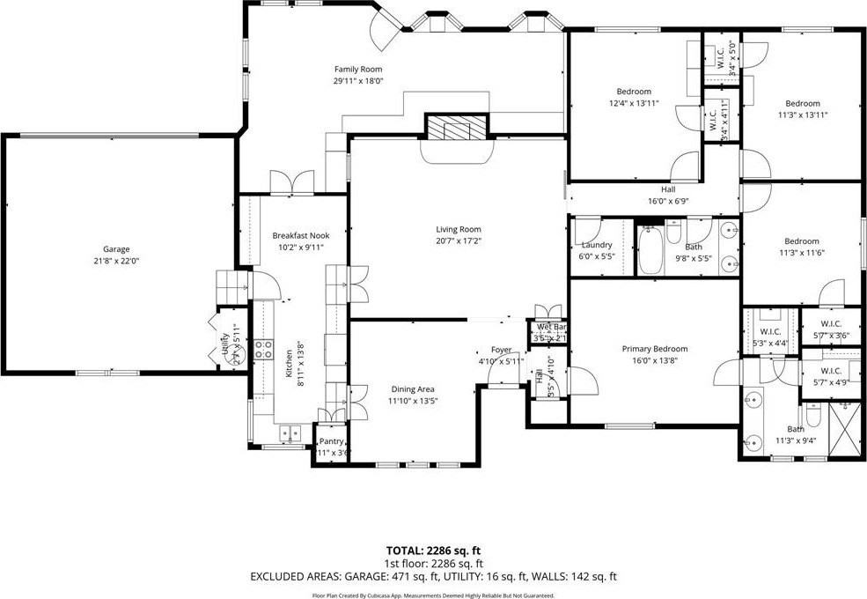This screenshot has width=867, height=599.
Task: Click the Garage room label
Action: pyautogui.click(x=116, y=249)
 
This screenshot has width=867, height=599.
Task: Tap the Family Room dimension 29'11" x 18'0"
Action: pyautogui.click(x=358, y=81)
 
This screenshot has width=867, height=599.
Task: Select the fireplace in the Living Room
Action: pyautogui.click(x=456, y=129)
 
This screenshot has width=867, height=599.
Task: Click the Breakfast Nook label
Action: pyautogui.click(x=300, y=235)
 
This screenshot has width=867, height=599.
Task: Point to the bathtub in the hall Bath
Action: pyautogui.click(x=650, y=251)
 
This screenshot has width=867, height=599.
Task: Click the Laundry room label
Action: pyautogui.click(x=597, y=245)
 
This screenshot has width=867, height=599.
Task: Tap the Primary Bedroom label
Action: pyautogui.click(x=655, y=349)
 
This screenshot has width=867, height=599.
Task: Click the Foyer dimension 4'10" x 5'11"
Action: pyautogui.click(x=501, y=361)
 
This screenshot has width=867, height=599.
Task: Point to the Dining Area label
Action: pyautogui.click(x=414, y=388)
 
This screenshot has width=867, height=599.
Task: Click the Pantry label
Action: pyautogui.click(x=331, y=441)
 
